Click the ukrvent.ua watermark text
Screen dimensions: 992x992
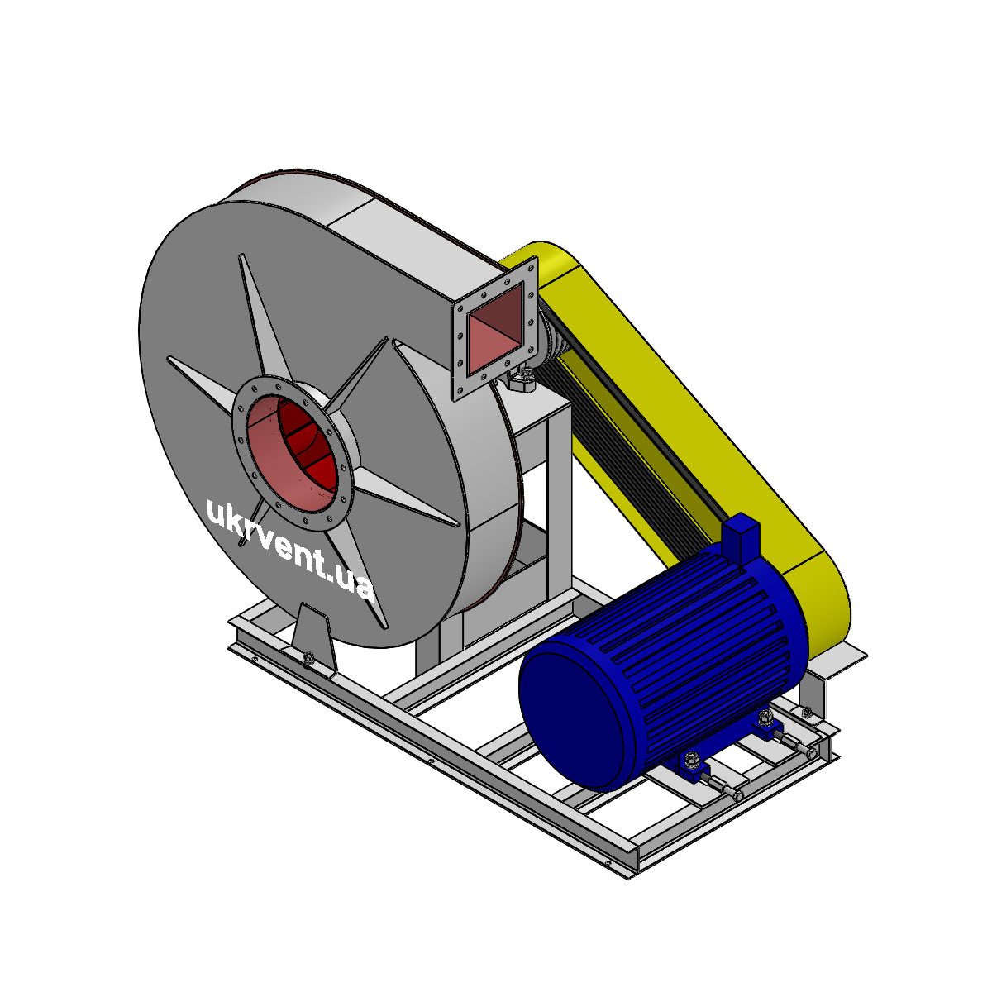289,549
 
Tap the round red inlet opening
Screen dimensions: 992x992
292,454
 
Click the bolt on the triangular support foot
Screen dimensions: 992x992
309,656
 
